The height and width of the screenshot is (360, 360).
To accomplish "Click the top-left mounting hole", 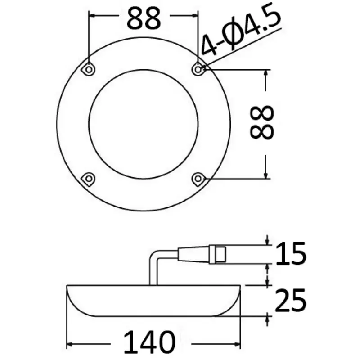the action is (x=89, y=69).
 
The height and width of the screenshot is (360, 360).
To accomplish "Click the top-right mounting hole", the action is (x=198, y=69).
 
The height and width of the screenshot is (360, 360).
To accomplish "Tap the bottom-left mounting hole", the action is (x=89, y=178).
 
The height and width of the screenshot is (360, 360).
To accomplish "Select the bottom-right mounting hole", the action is (x=198, y=178).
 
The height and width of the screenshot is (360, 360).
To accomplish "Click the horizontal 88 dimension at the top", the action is (x=144, y=18).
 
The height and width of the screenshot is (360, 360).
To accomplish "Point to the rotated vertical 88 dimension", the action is (x=262, y=122).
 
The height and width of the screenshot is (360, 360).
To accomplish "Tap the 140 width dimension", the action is (x=149, y=342).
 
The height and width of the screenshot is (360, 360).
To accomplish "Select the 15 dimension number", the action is (x=291, y=253).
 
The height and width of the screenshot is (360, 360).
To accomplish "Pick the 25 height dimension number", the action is (x=290, y=300).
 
